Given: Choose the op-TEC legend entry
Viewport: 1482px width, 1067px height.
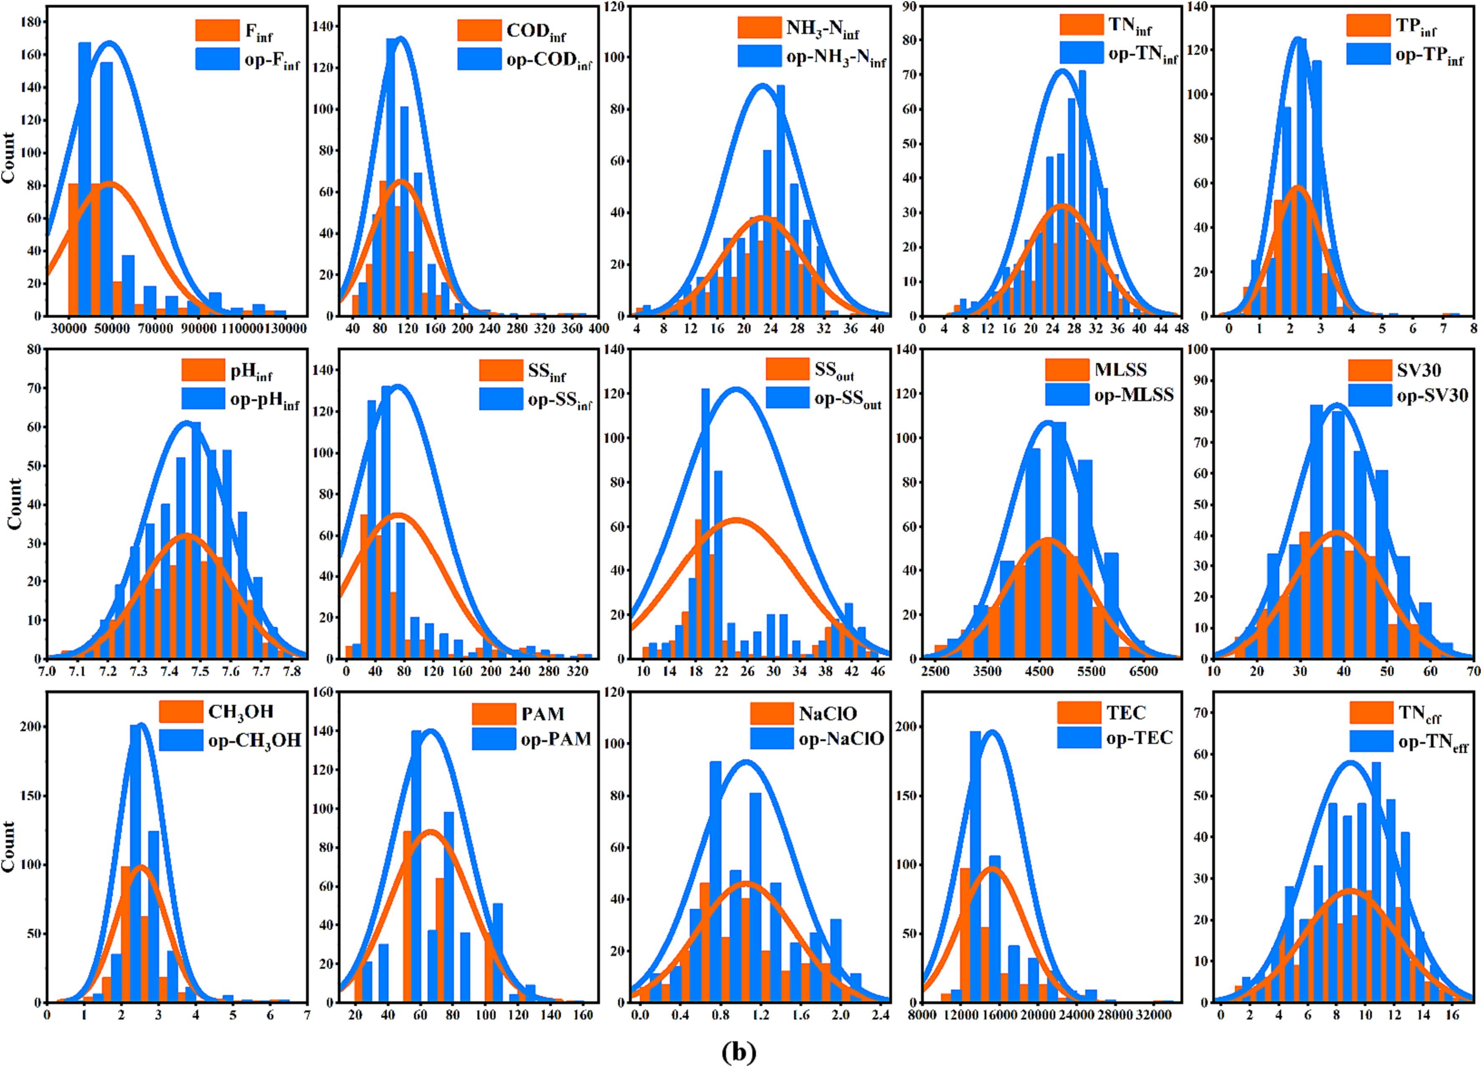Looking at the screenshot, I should point(1139,738).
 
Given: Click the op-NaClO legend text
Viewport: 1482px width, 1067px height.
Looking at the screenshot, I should point(841,738).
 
